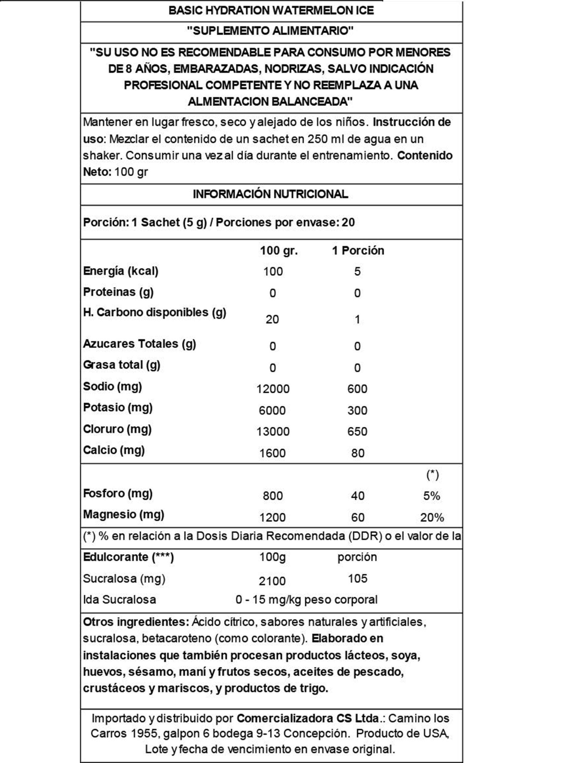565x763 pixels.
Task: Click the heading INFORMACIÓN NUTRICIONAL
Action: click(271, 194)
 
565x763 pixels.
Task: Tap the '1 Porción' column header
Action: click(358, 250)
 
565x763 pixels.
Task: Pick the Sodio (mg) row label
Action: click(112, 387)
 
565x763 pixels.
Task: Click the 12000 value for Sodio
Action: click(273, 389)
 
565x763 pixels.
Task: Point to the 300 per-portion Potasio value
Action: click(357, 410)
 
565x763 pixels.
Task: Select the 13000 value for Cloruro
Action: click(273, 432)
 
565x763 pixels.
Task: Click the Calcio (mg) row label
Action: click(114, 450)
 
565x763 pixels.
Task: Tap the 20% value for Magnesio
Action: click(432, 517)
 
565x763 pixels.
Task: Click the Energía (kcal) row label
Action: click(121, 271)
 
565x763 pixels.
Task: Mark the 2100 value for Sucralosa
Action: click(272, 581)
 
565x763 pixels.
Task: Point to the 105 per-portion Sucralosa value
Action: click(357, 579)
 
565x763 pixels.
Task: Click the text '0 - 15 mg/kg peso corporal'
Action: click(306, 600)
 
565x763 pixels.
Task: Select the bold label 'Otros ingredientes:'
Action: click(136, 622)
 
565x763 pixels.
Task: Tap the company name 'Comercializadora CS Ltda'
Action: click(308, 718)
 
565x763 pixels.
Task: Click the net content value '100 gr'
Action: click(131, 172)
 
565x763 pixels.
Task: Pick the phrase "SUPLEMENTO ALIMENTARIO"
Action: click(270, 31)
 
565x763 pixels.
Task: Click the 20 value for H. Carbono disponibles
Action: click(272, 320)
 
